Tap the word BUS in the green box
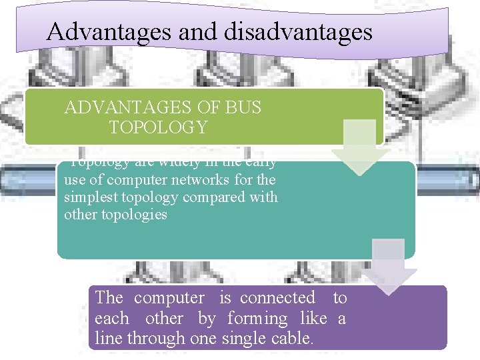coord(242,107)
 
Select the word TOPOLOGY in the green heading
coord(159,127)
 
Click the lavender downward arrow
coord(388,267)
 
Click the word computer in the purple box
coord(169,298)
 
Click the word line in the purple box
coord(107,338)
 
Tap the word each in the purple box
coord(113,318)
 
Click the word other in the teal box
coord(79,215)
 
